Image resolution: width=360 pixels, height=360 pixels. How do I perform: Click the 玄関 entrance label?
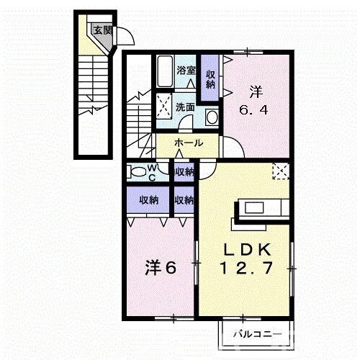(x=102, y=30)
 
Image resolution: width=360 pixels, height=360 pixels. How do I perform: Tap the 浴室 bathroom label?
(x=186, y=70)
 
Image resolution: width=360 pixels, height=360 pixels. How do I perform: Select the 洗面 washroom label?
(x=186, y=107)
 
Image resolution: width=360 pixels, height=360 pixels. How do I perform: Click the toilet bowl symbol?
(x=136, y=171)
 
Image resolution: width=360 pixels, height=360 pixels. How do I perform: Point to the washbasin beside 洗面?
(x=212, y=117)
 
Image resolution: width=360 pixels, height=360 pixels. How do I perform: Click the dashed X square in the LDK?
(x=280, y=171)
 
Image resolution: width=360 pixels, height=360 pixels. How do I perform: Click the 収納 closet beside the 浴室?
(x=210, y=78)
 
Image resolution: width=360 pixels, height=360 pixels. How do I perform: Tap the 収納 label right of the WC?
(x=184, y=171)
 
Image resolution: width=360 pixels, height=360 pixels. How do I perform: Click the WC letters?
(x=153, y=172)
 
